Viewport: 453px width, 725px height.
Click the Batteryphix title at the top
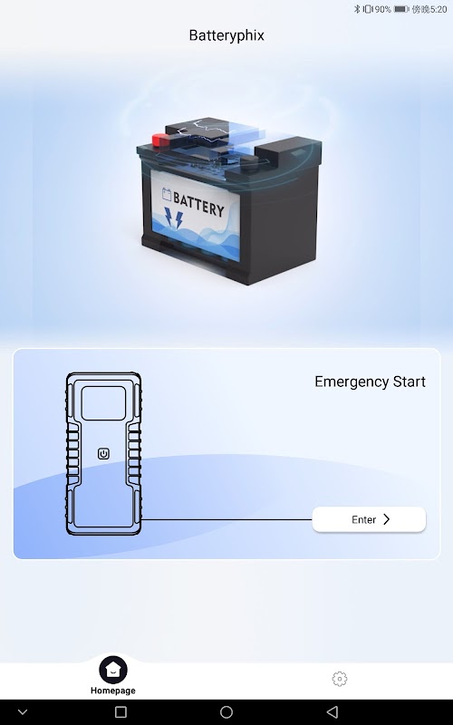(226, 35)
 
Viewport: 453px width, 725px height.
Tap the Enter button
(369, 519)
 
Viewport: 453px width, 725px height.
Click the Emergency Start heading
(370, 382)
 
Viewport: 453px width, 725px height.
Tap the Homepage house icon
(112, 669)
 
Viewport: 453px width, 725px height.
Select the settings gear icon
(340, 678)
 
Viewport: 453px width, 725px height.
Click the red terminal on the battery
(161, 140)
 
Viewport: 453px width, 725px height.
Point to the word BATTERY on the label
(198, 205)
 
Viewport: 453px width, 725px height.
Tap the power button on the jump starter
(103, 454)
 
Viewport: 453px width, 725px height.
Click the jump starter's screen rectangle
(103, 403)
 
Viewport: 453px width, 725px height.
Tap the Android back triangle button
(332, 711)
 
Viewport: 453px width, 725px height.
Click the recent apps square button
(120, 711)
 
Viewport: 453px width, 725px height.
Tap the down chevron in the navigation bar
(22, 712)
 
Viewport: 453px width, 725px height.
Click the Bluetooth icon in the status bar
(357, 9)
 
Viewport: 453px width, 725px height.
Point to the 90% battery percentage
(382, 9)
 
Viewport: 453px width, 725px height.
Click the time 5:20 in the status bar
(439, 9)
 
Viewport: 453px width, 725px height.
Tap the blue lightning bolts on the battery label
(174, 218)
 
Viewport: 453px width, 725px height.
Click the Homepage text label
(112, 691)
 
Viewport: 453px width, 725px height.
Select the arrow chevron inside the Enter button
(387, 519)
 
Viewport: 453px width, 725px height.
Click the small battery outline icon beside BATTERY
(167, 194)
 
